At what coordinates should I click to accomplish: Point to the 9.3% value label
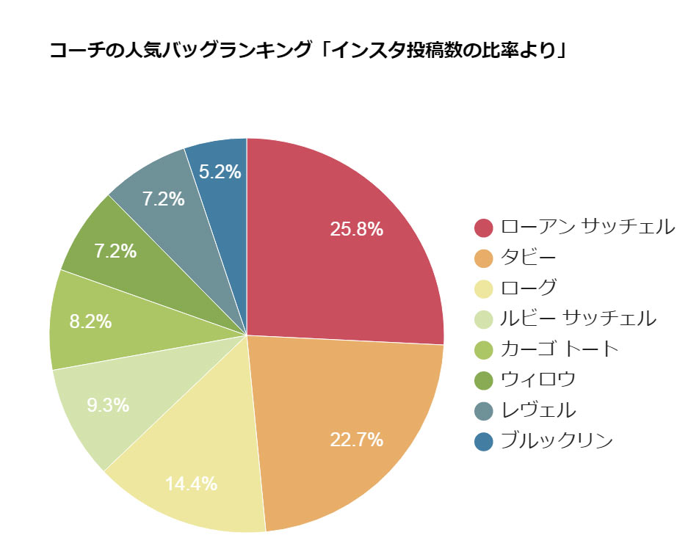point(108,404)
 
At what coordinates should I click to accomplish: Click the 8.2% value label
point(90,321)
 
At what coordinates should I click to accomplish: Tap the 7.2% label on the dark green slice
point(115,251)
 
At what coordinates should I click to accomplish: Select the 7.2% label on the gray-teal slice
point(163,198)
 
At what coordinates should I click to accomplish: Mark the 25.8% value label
point(356,229)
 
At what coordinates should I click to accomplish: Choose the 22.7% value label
point(356,440)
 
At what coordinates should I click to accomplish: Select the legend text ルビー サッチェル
point(578,319)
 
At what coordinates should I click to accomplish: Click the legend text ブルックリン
point(556,440)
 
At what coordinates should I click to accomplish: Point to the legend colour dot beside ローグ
point(483,288)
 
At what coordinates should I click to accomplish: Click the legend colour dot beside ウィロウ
point(483,380)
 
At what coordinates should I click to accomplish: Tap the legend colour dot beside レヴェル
point(483,410)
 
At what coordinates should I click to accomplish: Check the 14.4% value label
point(191,484)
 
